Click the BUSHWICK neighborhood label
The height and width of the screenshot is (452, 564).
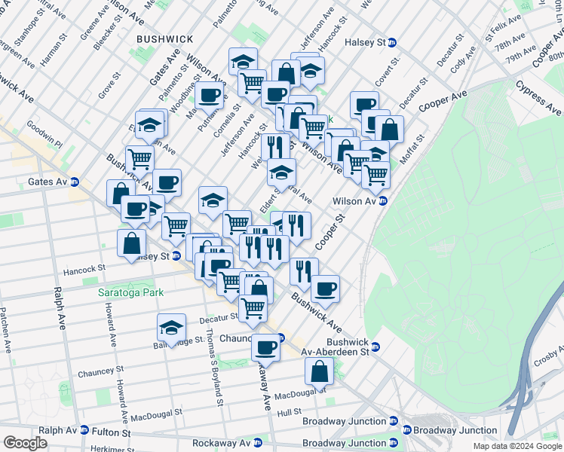click(x=164, y=38)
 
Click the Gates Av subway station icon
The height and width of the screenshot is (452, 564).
click(x=75, y=182)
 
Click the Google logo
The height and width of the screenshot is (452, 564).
click(x=25, y=443)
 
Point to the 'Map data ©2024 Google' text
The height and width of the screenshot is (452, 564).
click(x=517, y=446)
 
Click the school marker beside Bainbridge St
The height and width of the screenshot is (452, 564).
click(x=172, y=328)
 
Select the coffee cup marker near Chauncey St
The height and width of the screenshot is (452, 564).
click(x=265, y=348)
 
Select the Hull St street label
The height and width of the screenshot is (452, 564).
click(x=289, y=412)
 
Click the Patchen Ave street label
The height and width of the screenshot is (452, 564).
click(x=6, y=329)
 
